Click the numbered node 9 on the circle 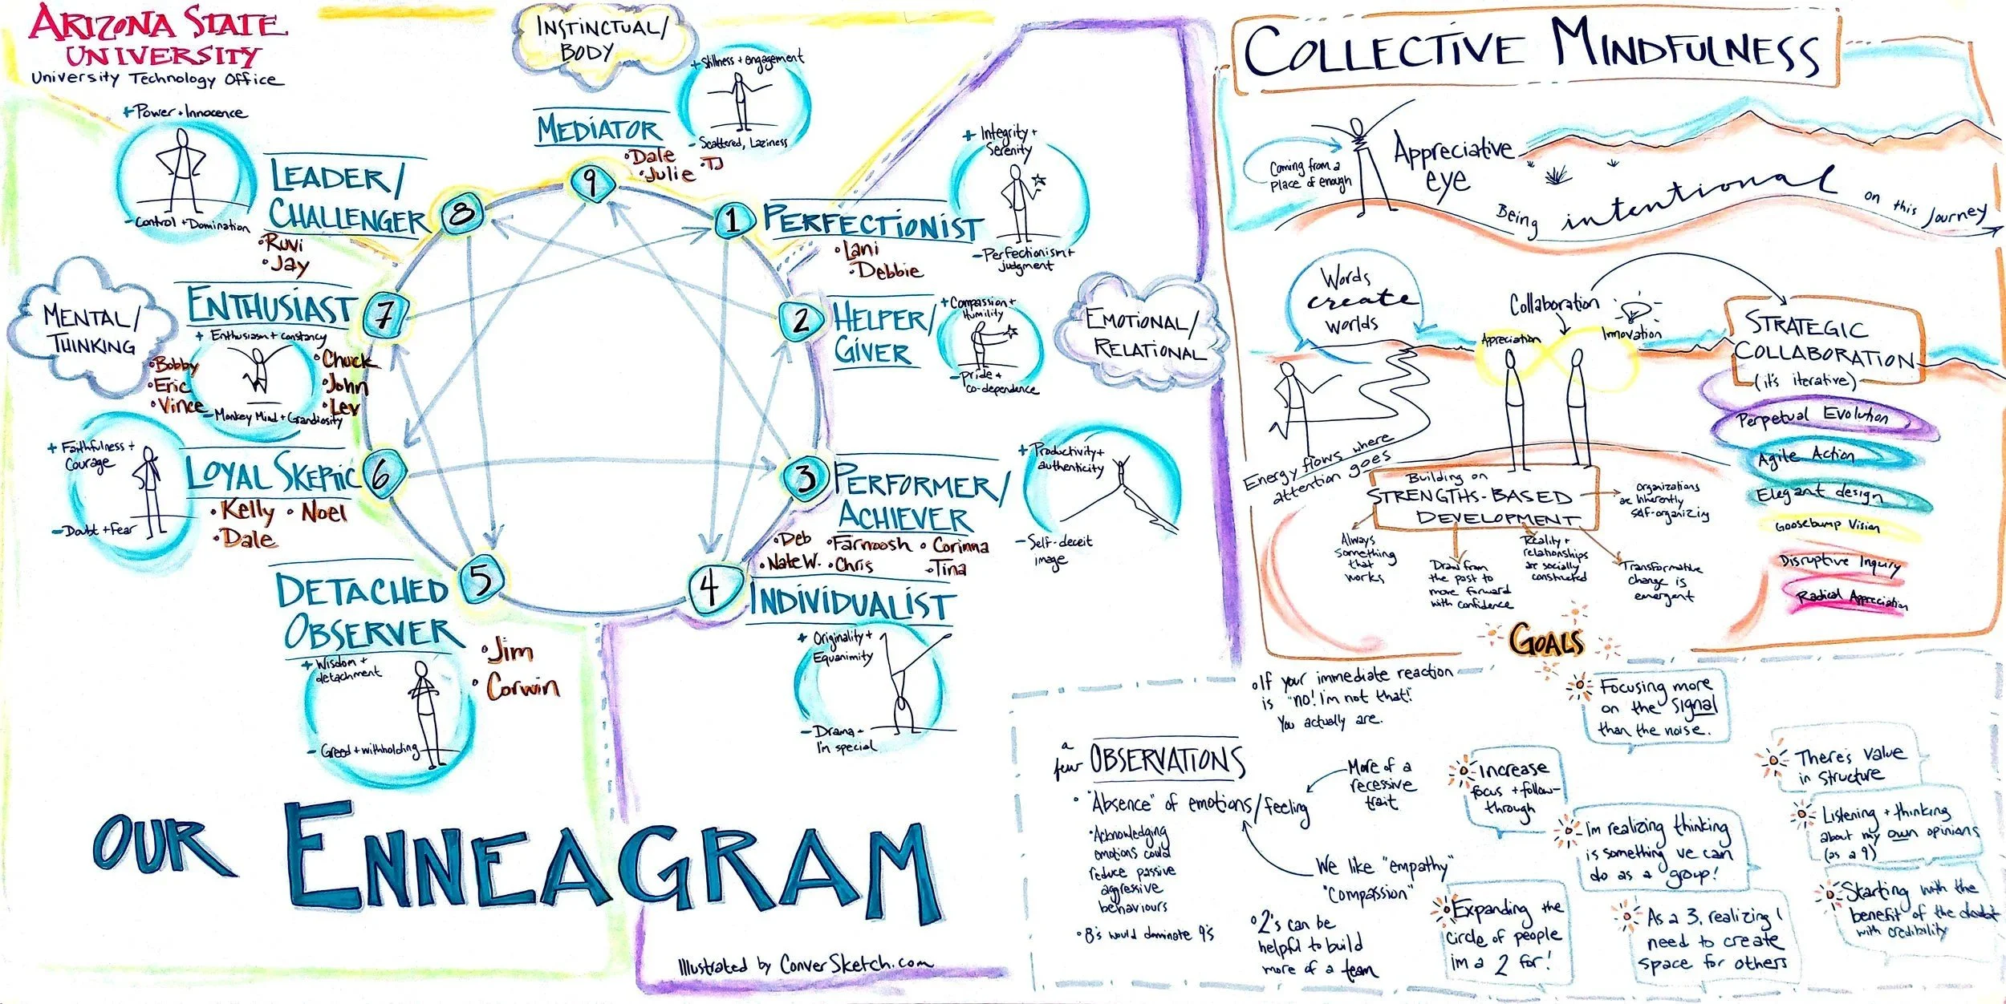click(x=591, y=183)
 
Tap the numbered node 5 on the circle click(x=481, y=580)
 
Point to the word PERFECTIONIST click(x=872, y=221)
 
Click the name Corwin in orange click(x=522, y=686)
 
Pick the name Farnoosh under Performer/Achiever click(x=871, y=544)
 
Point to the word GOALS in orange click(x=1545, y=642)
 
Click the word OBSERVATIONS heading click(x=1167, y=760)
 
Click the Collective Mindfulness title click(x=1531, y=48)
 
